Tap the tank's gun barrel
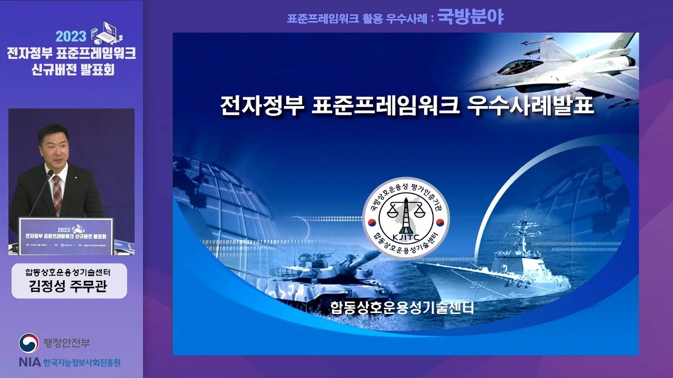363,258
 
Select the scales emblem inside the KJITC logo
405,211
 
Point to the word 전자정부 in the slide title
262,105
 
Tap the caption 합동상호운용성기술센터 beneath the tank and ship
402,307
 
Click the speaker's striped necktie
57,194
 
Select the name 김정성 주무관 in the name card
69,287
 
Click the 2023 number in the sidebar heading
71,37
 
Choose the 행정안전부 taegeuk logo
29,343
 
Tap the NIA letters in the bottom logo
28,362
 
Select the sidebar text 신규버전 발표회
72,69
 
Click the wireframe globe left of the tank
221,199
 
